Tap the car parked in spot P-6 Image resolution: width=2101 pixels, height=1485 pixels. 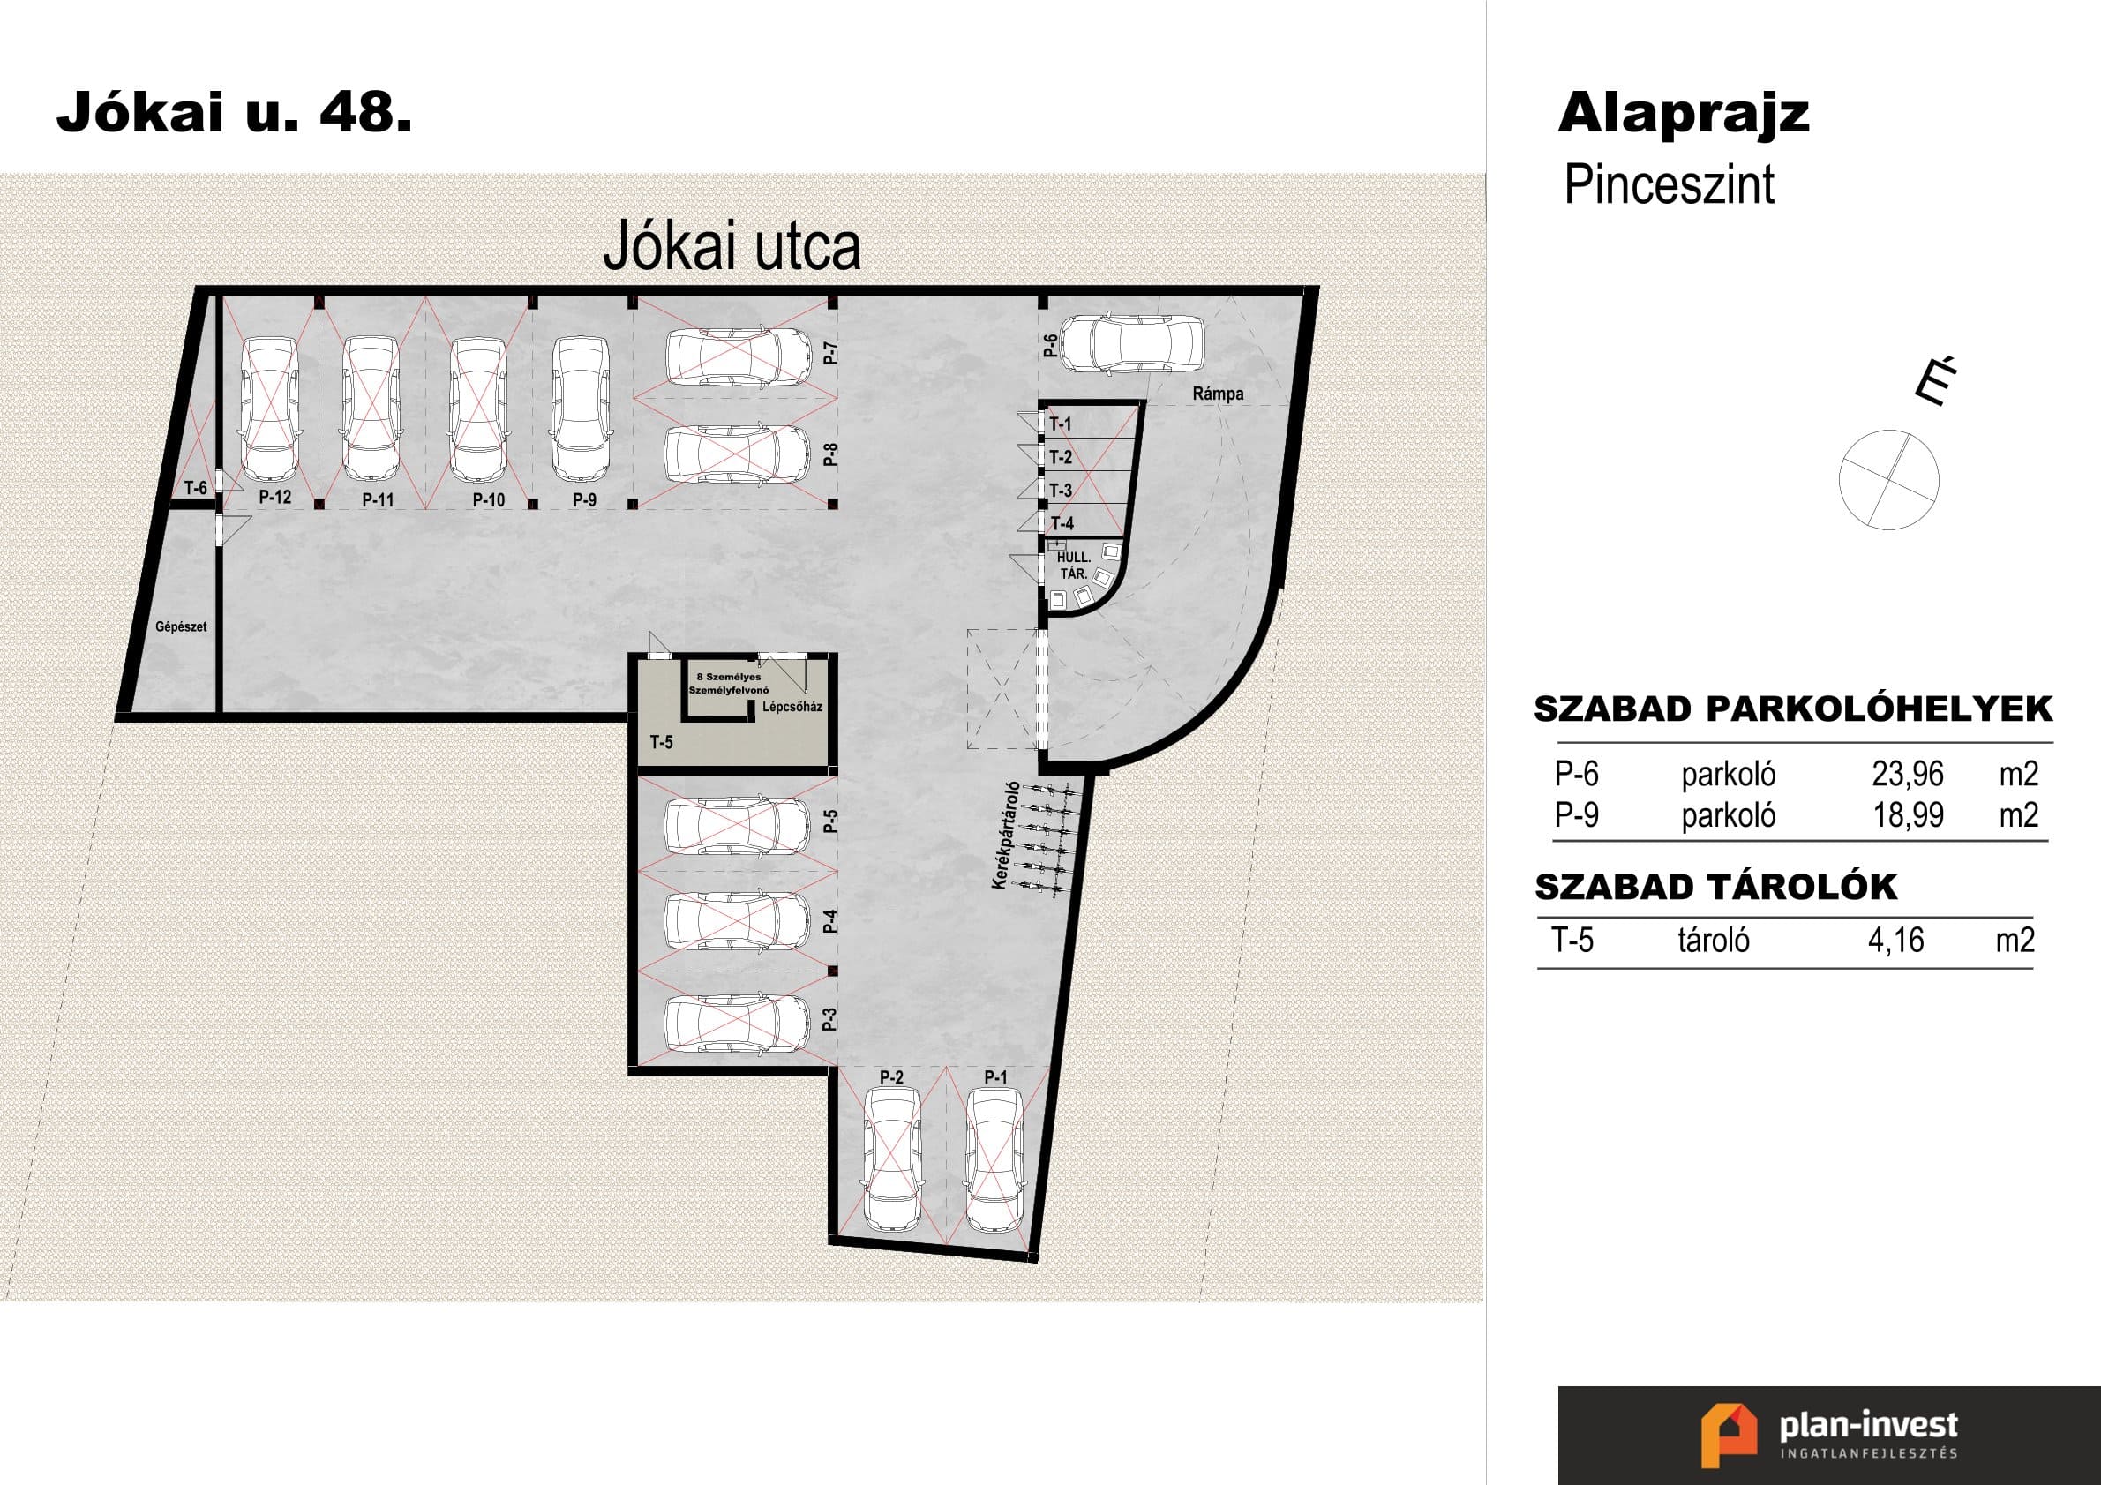click(x=1132, y=344)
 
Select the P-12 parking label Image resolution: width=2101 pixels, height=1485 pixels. click(x=274, y=497)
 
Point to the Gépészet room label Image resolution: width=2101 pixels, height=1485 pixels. click(x=181, y=626)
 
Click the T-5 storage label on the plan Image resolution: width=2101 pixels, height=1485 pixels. click(x=662, y=742)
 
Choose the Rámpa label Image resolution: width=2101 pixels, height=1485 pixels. click(x=1218, y=394)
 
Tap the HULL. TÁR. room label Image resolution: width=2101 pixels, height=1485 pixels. click(x=1072, y=566)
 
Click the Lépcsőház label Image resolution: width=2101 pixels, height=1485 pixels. click(x=792, y=707)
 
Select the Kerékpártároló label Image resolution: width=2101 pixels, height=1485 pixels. click(x=1003, y=835)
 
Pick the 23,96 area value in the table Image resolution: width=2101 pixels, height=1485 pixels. click(x=1907, y=774)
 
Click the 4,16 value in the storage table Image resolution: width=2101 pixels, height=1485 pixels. click(x=1896, y=941)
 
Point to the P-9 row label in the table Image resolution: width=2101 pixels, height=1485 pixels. click(x=1576, y=814)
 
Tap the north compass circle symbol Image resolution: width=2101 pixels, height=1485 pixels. click(x=1888, y=479)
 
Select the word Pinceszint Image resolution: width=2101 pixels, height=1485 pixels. click(x=1670, y=184)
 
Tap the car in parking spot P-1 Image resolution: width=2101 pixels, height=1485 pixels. click(x=995, y=1160)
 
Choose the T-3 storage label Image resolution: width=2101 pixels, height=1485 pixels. click(x=1061, y=491)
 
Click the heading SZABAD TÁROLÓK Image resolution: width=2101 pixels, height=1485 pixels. click(x=1715, y=887)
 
